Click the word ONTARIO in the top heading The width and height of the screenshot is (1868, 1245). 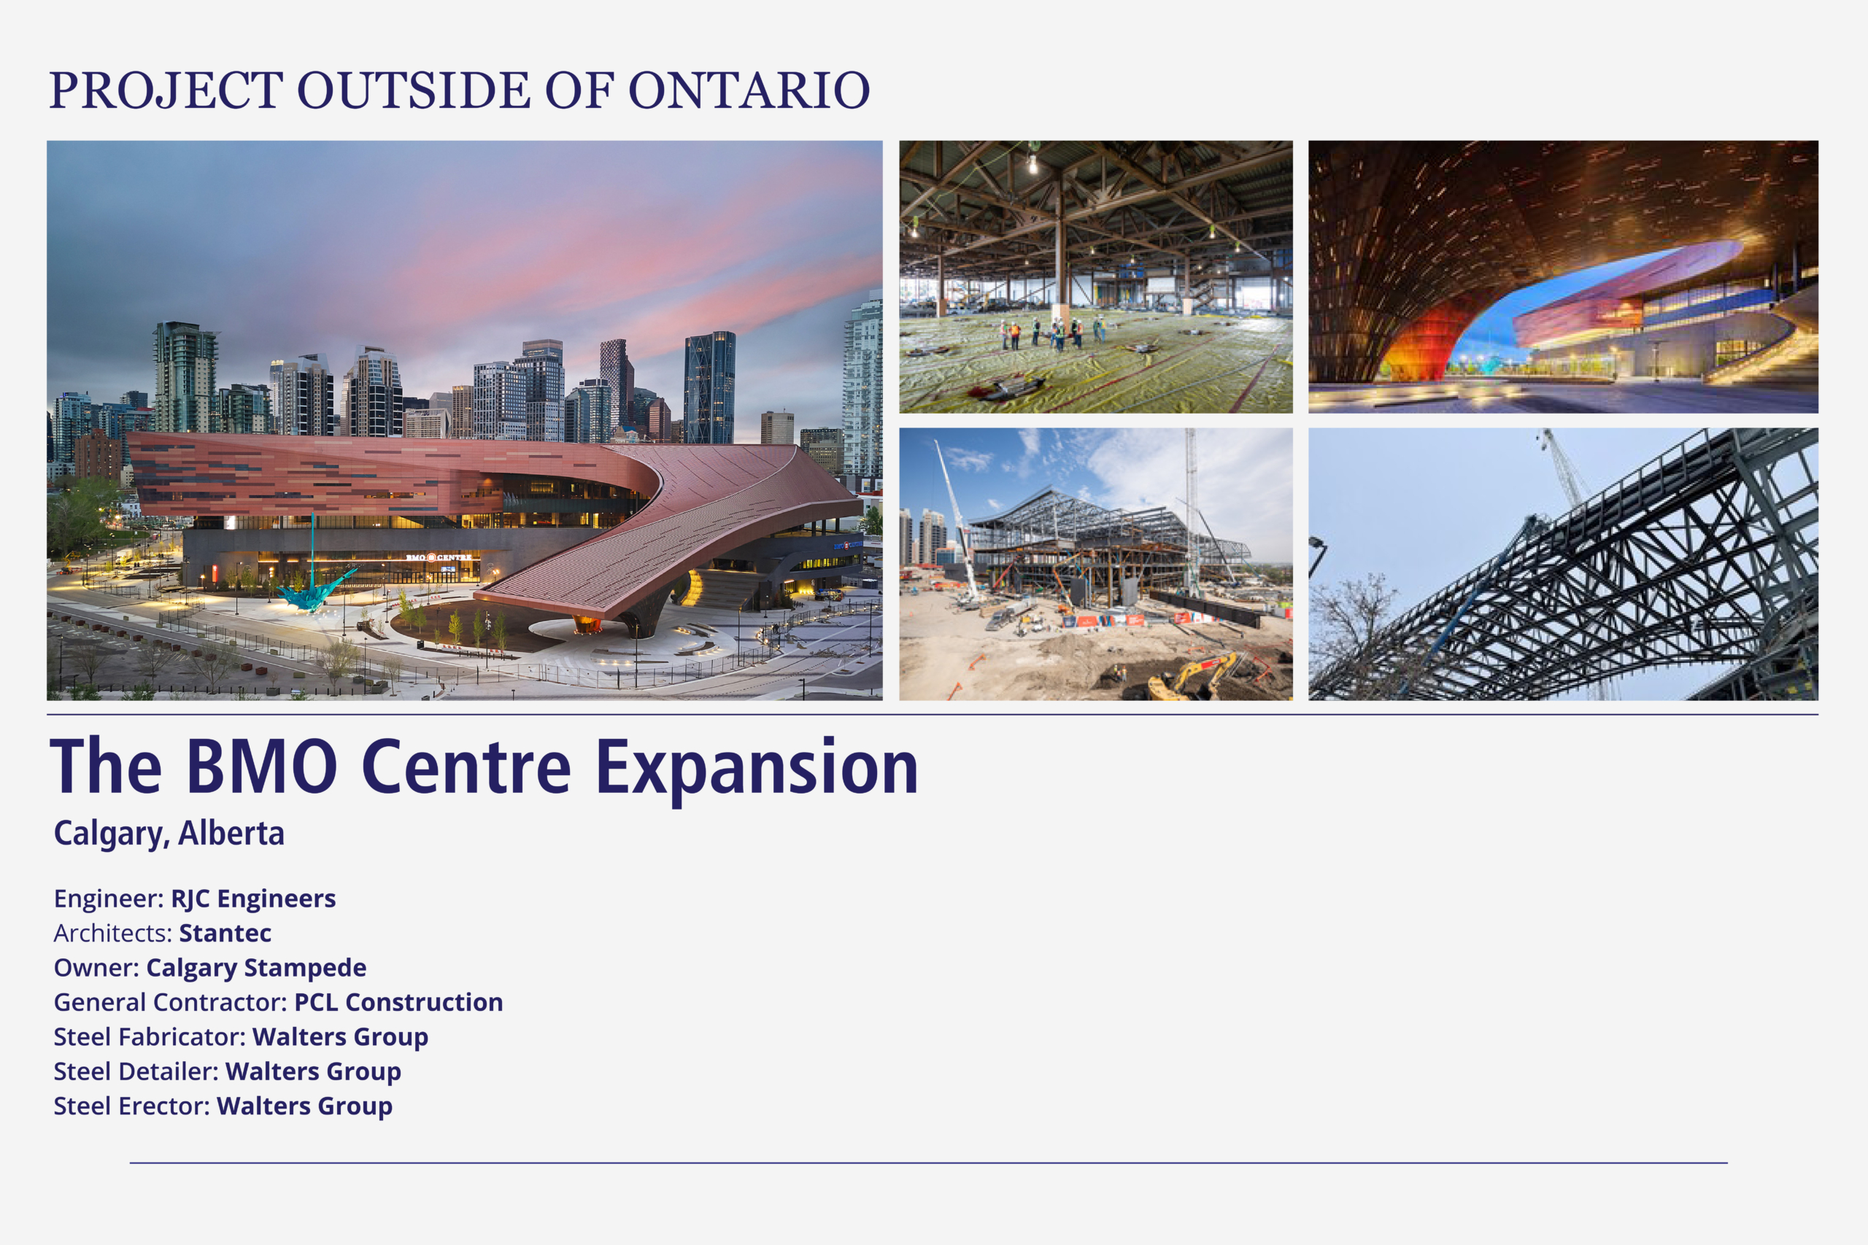[x=749, y=90]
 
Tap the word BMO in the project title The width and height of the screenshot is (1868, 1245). [x=261, y=767]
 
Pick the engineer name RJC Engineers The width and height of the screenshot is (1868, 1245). [x=253, y=899]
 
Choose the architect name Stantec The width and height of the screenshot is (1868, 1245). [x=225, y=933]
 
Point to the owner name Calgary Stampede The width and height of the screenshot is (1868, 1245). [x=257, y=969]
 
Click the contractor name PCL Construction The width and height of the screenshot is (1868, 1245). [x=398, y=1002]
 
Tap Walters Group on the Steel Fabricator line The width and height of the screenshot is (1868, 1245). [x=341, y=1038]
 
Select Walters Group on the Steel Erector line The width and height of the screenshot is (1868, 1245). [x=305, y=1107]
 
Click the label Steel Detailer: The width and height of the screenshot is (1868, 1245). [x=136, y=1072]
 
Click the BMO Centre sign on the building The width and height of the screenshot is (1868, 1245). [x=439, y=557]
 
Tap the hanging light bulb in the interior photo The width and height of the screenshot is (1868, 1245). [x=1033, y=163]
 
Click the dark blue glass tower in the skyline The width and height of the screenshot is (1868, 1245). [x=709, y=387]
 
